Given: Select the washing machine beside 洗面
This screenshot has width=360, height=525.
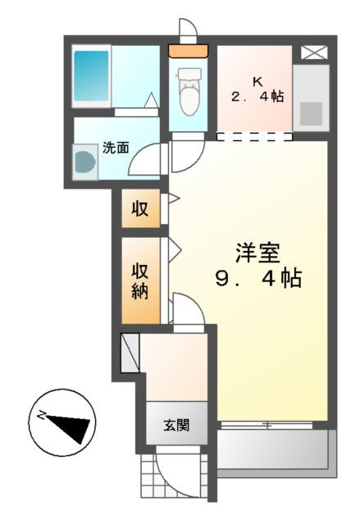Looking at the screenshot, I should pyautogui.click(x=86, y=160).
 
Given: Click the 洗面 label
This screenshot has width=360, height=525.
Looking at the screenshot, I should pyautogui.click(x=116, y=148).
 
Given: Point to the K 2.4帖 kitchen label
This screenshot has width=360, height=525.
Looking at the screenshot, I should pyautogui.click(x=257, y=89).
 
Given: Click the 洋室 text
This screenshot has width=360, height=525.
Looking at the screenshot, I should pyautogui.click(x=257, y=251).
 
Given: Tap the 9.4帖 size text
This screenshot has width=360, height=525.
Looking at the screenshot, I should pyautogui.click(x=257, y=279).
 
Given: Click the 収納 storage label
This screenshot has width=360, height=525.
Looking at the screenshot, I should pyautogui.click(x=140, y=281).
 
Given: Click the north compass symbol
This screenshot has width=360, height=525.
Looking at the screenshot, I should pyautogui.click(x=63, y=425).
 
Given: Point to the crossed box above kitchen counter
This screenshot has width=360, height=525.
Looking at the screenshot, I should pyautogui.click(x=312, y=52).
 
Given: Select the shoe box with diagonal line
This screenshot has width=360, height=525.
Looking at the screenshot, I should pyautogui.click(x=131, y=351).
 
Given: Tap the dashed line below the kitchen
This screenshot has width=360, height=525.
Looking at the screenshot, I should pyautogui.click(x=254, y=135).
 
